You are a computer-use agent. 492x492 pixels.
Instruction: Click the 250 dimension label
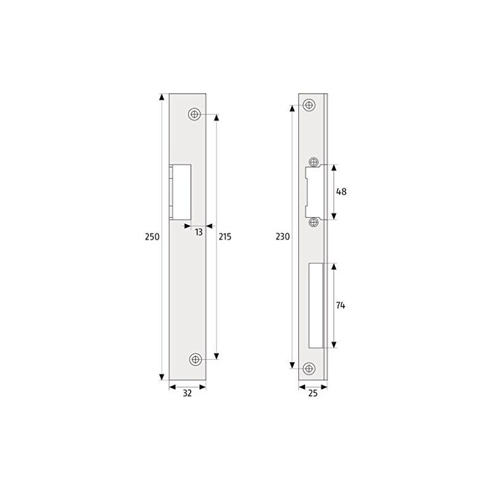[x=153, y=237]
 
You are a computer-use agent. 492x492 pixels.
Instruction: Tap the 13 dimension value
[x=199, y=232]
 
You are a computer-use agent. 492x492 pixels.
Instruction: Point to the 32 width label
[x=188, y=394]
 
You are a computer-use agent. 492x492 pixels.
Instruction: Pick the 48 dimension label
[x=342, y=191]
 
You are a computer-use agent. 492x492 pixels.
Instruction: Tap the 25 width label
[x=313, y=394]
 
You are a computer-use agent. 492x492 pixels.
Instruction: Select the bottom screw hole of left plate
[x=196, y=359]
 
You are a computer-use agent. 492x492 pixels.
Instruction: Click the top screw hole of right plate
[x=309, y=105]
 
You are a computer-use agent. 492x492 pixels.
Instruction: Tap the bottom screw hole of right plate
[x=309, y=368]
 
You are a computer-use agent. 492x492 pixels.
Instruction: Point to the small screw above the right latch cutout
[x=314, y=162]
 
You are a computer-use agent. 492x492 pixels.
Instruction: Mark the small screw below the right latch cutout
[x=314, y=221]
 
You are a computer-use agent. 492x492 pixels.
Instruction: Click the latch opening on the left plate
[x=181, y=191]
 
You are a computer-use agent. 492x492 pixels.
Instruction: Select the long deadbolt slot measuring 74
[x=315, y=306]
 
